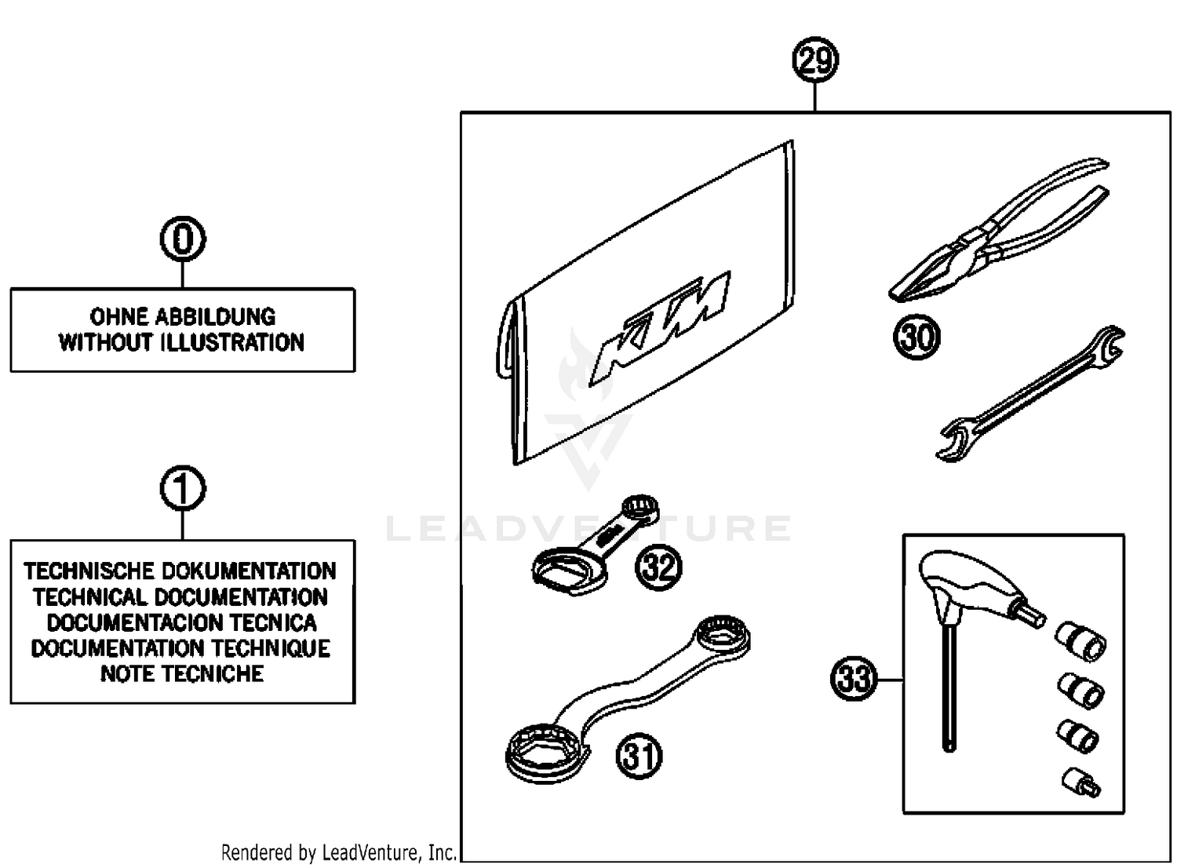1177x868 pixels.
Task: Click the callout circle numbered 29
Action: [x=815, y=61]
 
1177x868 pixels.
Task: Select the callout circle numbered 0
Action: [x=182, y=239]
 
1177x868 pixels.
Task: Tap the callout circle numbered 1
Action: [x=182, y=490]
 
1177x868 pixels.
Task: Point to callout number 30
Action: [x=916, y=337]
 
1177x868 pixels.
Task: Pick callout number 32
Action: [x=658, y=567]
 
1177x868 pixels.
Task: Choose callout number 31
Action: [x=639, y=757]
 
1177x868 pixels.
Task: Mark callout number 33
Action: [x=853, y=678]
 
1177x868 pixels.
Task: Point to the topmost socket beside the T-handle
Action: [x=1082, y=639]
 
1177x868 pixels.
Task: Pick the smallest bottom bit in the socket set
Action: [x=1081, y=780]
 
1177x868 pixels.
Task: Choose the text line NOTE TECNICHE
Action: [x=182, y=674]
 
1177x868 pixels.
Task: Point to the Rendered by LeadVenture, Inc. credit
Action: [x=339, y=852]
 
